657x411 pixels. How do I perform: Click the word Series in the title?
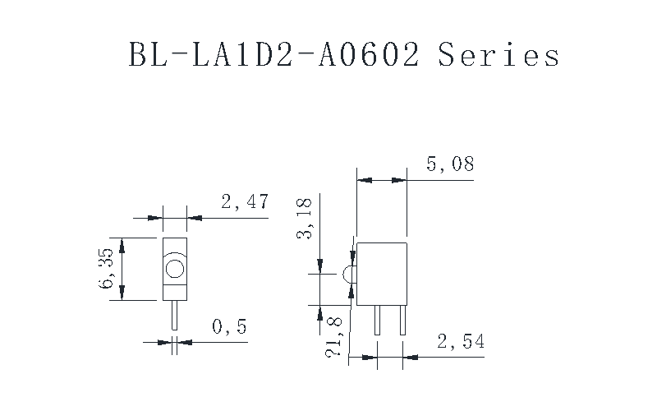pyautogui.click(x=498, y=54)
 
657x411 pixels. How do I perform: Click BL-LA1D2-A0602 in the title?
pyautogui.click(x=273, y=54)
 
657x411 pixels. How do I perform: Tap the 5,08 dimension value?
pyautogui.click(x=450, y=164)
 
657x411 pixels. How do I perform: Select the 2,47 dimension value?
pyautogui.click(x=245, y=201)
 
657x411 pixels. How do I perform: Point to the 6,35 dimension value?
pyautogui.click(x=106, y=268)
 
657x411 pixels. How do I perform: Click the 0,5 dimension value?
pyautogui.click(x=230, y=326)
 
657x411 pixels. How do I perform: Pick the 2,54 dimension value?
pyautogui.click(x=461, y=341)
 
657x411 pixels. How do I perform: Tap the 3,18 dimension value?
pyautogui.click(x=304, y=218)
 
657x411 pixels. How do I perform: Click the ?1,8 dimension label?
pyautogui.click(x=334, y=337)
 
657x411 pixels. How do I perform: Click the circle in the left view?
pyautogui.click(x=175, y=269)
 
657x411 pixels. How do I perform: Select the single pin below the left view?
pyautogui.click(x=175, y=315)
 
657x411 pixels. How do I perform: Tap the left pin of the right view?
pyautogui.click(x=377, y=320)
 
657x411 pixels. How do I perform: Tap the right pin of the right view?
pyautogui.click(x=402, y=320)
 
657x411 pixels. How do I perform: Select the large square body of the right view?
pyautogui.click(x=382, y=274)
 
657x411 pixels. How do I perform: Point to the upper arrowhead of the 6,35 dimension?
pyautogui.click(x=122, y=246)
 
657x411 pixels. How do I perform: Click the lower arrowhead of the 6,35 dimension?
pyautogui.click(x=122, y=293)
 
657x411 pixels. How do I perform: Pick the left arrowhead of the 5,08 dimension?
pyautogui.click(x=365, y=180)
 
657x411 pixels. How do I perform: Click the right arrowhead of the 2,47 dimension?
pyautogui.click(x=195, y=218)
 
